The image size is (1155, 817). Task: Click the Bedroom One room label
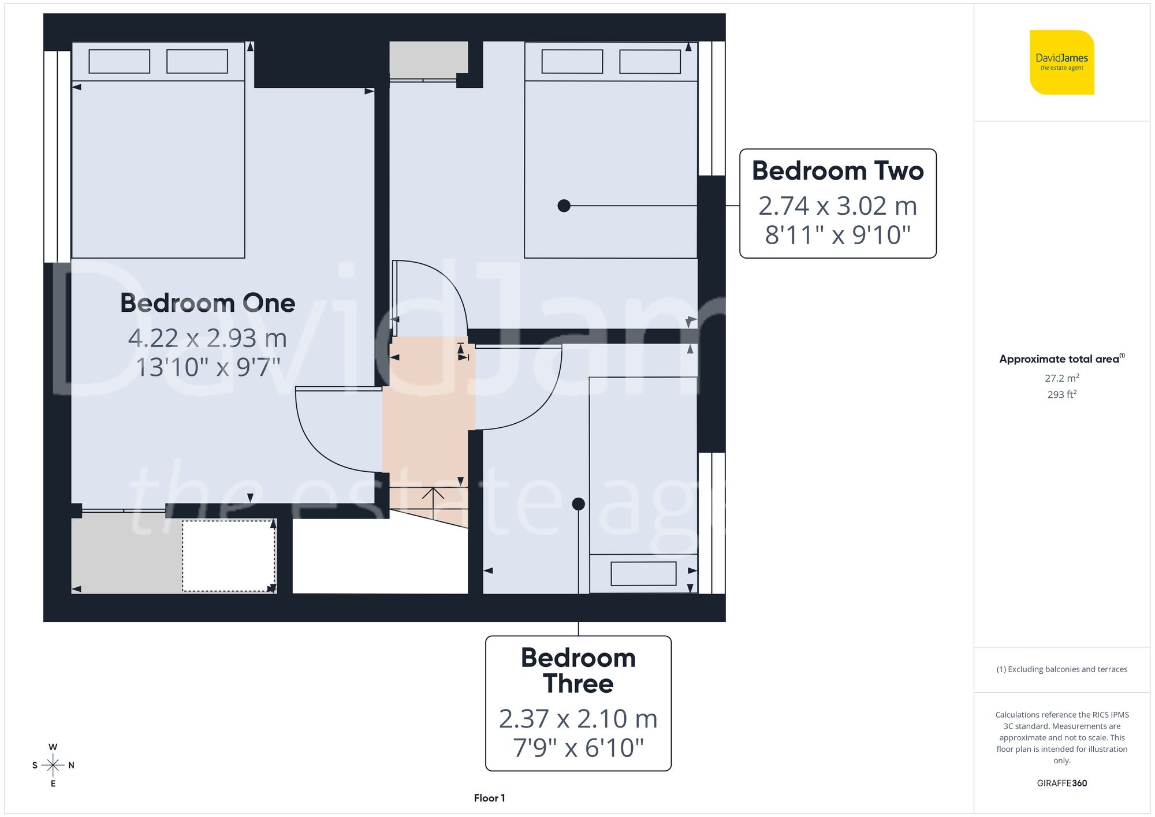(x=207, y=303)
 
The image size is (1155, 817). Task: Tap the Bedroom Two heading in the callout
(x=837, y=171)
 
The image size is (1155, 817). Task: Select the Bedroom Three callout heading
(x=578, y=670)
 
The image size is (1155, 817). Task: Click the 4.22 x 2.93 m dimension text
(x=207, y=338)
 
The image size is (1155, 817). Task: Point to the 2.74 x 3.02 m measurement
(x=837, y=206)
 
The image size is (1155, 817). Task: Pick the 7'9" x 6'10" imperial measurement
(x=578, y=748)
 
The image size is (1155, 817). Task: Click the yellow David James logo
(x=1061, y=62)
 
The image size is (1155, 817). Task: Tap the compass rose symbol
(x=53, y=766)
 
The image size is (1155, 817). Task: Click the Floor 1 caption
(x=489, y=798)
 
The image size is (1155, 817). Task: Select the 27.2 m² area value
(x=1061, y=378)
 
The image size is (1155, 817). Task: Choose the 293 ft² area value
(x=1061, y=394)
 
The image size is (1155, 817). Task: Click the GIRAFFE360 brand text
(x=1061, y=784)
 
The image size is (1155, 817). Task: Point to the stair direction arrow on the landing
(x=433, y=499)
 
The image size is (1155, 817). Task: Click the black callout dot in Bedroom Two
(x=564, y=206)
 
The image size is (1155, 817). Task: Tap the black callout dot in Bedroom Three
(x=578, y=504)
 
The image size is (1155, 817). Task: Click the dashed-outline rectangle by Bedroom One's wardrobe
(x=229, y=556)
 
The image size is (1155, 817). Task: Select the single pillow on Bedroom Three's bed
(x=643, y=574)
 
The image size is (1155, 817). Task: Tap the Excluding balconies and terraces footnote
(x=1061, y=669)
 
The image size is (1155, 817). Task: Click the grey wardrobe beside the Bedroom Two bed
(x=429, y=59)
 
